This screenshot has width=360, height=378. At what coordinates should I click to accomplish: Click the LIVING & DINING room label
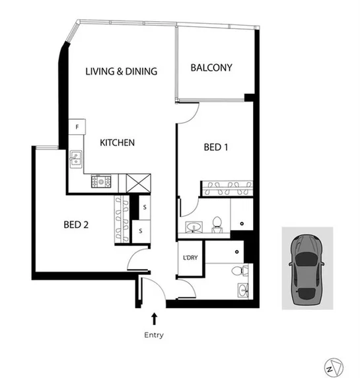pos(122,71)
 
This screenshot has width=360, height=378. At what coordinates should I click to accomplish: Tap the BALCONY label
pos(211,67)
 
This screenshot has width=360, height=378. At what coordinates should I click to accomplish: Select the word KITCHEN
pos(118,142)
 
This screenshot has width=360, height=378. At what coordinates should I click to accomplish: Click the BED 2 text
pos(77,225)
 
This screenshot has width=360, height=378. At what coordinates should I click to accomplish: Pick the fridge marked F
pos(77,126)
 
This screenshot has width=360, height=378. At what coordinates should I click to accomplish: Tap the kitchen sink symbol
pos(77,157)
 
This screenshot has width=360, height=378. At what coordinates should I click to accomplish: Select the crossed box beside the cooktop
pos(140,181)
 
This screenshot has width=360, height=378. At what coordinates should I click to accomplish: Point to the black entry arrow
pos(154,319)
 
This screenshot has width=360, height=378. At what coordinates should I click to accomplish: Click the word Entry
pos(154,335)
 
